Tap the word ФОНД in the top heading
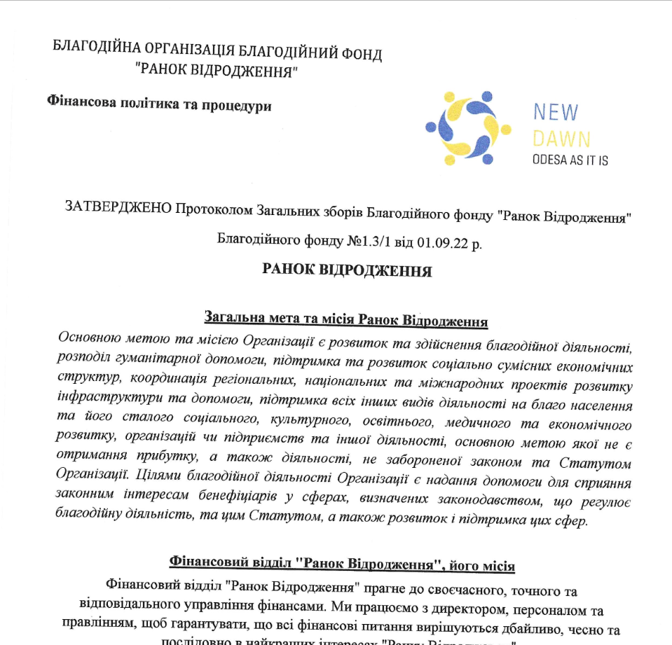tap(359, 53)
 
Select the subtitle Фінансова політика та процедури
tap(159, 104)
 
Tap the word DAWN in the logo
tap(561, 138)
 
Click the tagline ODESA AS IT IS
tap(570, 160)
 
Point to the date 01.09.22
tap(441, 244)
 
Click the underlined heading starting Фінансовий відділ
tap(343, 562)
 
